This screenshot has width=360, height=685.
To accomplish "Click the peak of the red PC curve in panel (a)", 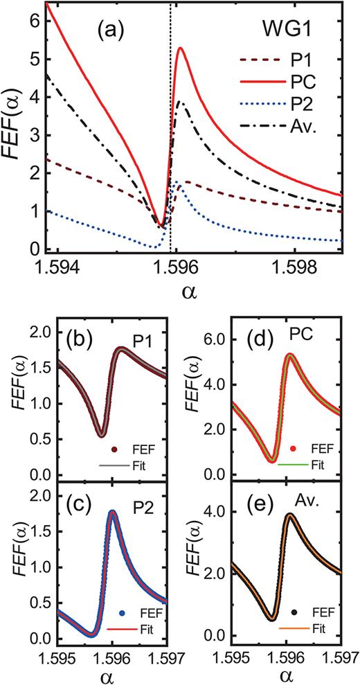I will pos(180,48).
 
